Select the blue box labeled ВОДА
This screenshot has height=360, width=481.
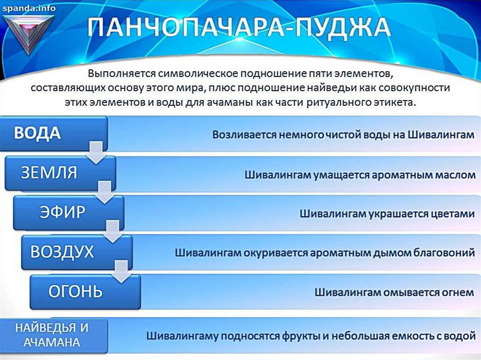tap(54, 133)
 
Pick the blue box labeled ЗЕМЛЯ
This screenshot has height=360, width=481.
tap(60, 173)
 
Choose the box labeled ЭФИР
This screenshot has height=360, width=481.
tap(69, 212)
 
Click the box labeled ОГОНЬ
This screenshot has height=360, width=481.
tap(85, 291)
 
